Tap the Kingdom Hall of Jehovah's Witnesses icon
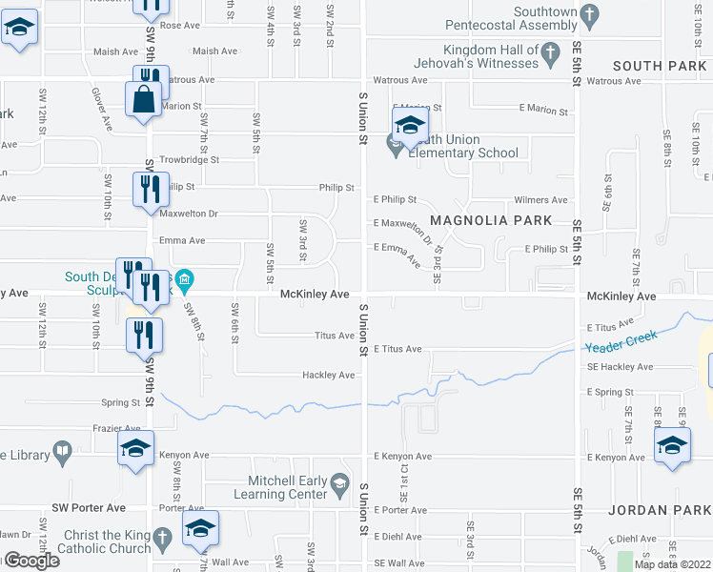(x=551, y=55)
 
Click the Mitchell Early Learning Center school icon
(x=339, y=487)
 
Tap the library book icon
(x=63, y=455)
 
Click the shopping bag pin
(x=143, y=100)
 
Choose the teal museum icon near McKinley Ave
(x=185, y=281)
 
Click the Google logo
(x=31, y=560)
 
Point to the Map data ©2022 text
(x=672, y=564)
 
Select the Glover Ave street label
(x=103, y=111)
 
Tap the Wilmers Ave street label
(x=540, y=200)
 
